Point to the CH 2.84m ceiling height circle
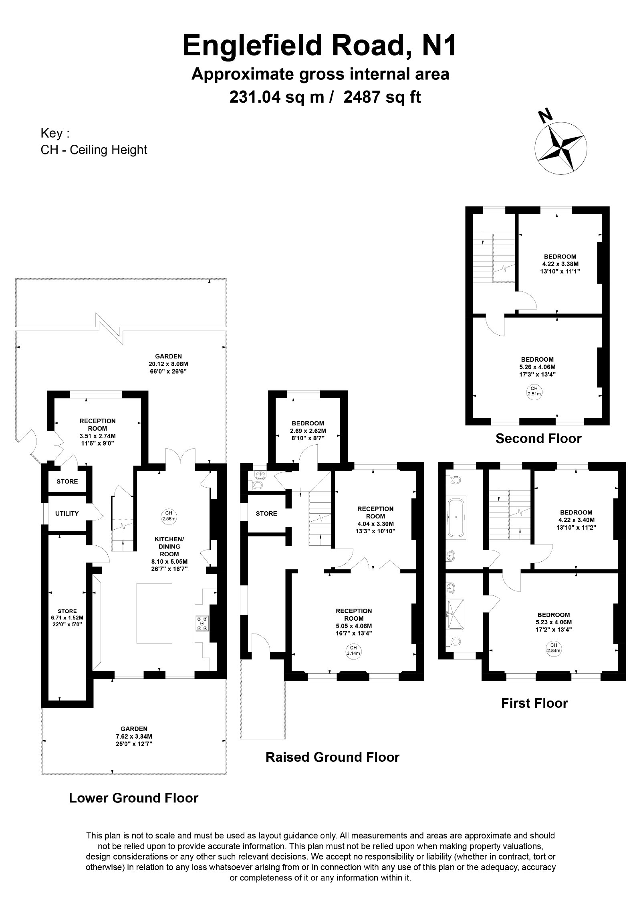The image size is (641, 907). [x=554, y=648]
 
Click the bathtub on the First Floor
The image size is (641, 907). [x=456, y=517]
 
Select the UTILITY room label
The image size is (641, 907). [x=67, y=513]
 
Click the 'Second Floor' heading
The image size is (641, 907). [x=538, y=438]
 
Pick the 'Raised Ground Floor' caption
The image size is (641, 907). [x=333, y=757]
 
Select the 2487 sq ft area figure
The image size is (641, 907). [x=382, y=97]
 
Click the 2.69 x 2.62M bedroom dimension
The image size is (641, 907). [x=308, y=431]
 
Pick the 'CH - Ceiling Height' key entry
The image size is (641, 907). [x=94, y=150]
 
